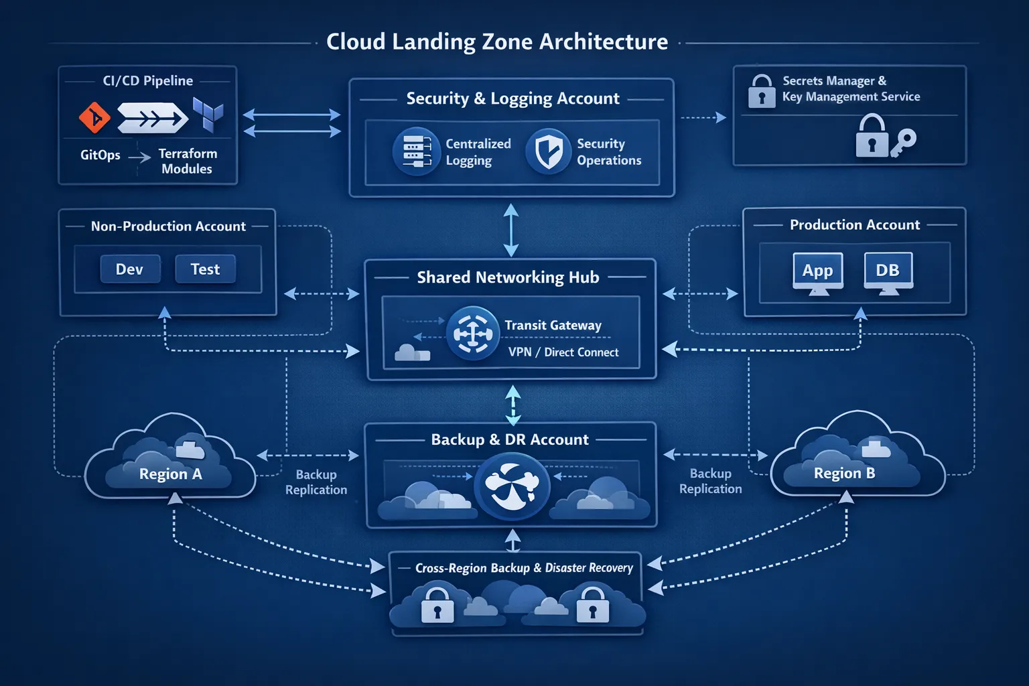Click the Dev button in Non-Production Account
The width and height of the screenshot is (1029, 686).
pos(130,269)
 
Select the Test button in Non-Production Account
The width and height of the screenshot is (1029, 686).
pos(205,269)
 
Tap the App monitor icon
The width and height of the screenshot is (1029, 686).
pos(817,272)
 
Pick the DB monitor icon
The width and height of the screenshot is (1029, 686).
pos(888,271)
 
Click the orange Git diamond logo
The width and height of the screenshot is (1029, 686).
pos(94,118)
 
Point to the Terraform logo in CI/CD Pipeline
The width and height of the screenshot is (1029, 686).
pos(208,115)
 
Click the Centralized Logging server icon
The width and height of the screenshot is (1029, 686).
pos(416,151)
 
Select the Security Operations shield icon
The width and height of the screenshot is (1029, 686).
pos(548,151)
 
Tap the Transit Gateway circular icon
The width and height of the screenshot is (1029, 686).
pos(473,333)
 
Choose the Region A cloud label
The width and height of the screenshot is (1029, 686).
pos(170,474)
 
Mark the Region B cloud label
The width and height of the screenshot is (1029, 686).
pos(844,473)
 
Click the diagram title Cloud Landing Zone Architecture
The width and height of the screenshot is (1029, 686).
pos(497,42)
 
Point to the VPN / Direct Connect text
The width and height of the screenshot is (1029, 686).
pos(563,352)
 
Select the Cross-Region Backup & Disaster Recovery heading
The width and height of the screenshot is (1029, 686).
pos(524,568)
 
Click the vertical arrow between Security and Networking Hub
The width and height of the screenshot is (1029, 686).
pos(511,230)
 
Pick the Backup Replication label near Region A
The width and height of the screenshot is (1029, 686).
pos(316,482)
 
